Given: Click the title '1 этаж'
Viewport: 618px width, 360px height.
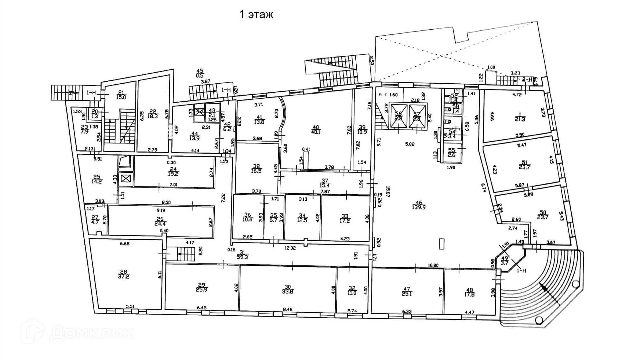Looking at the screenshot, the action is tap(256, 15).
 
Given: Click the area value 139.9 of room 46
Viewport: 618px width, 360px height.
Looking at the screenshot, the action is tap(419, 208).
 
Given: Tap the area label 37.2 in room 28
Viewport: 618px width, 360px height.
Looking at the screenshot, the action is tap(124, 276).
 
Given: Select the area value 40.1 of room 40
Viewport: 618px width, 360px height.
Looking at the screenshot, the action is tap(316, 132).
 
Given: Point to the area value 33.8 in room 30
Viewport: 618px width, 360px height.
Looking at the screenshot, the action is tap(287, 292).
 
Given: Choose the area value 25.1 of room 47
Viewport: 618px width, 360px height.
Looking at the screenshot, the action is tap(407, 294).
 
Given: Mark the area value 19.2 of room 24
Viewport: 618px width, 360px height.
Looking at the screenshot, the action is tap(173, 174).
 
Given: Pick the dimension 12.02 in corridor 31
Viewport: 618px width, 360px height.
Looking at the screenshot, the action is tap(290, 248).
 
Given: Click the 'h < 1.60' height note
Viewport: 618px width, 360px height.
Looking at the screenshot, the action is tap(388, 95).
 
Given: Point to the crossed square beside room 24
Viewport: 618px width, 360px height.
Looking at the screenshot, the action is tap(126, 178).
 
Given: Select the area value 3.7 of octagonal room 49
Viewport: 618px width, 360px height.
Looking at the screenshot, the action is tap(505, 263).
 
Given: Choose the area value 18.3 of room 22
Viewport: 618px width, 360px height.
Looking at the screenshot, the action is tap(153, 116).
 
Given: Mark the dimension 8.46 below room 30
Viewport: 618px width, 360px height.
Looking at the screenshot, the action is tap(287, 310).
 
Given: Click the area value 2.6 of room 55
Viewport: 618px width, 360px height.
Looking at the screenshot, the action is tap(452, 155).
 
